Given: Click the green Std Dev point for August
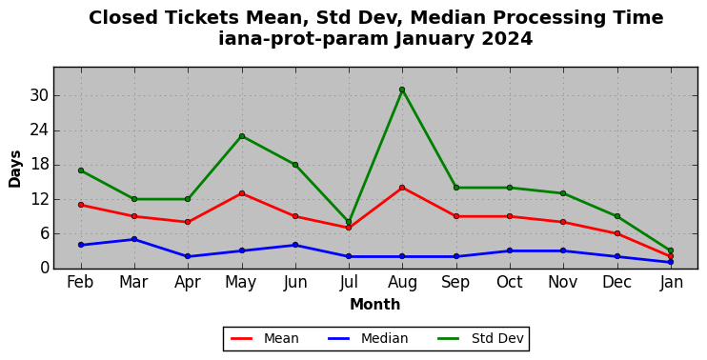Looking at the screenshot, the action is pyautogui.click(x=402, y=90).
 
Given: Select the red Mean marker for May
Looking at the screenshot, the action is pyautogui.click(x=242, y=193).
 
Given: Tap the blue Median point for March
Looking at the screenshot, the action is pyautogui.click(x=134, y=239).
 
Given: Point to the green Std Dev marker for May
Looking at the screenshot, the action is pyautogui.click(x=242, y=136).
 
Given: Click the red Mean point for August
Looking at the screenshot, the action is pyautogui.click(x=402, y=188).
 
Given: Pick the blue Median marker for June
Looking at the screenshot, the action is pyautogui.click(x=295, y=245).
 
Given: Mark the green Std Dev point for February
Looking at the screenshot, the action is pyautogui.click(x=81, y=170).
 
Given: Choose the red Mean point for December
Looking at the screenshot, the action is pyautogui.click(x=617, y=233).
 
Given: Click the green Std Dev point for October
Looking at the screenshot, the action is pyautogui.click(x=510, y=188).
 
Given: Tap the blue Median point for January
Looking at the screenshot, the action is pyautogui.click(x=671, y=262).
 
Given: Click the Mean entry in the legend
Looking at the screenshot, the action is pyautogui.click(x=265, y=338).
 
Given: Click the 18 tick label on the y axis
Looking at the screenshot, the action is pyautogui.click(x=39, y=165).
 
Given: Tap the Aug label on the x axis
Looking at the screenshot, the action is pyautogui.click(x=402, y=283).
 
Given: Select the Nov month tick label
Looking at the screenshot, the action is pyautogui.click(x=563, y=283).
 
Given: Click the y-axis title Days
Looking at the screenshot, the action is pyautogui.click(x=15, y=169).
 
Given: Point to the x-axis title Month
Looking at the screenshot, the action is pyautogui.click(x=375, y=304).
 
